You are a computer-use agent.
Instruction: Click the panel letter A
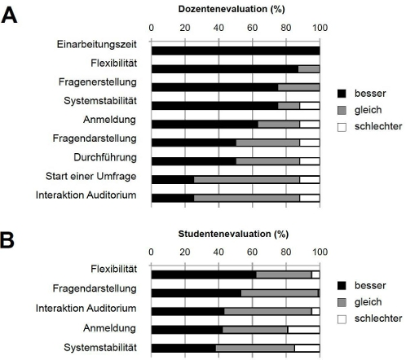pos(9,15)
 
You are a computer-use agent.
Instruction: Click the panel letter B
pos(7,240)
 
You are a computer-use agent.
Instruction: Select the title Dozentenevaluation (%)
pos(232,9)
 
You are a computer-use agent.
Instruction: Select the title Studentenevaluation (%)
pos(233,234)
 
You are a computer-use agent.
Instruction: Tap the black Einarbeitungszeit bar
pos(236,50)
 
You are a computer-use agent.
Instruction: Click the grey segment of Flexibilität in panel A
pos(309,69)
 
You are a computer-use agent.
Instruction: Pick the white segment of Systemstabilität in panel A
pos(310,106)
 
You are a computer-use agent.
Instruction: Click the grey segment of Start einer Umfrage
pos(247,179)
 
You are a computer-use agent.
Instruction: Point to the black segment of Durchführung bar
pos(194,161)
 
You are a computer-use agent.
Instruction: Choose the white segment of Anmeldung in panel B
pos(303,330)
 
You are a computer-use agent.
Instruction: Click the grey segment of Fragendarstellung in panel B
pos(280,293)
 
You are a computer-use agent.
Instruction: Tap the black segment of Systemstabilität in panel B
pos(183,348)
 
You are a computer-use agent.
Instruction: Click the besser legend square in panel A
pos(342,94)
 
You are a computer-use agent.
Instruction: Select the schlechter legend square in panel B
pos(342,319)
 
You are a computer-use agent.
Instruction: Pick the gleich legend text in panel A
pos(368,110)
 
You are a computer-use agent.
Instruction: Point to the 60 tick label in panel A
pos(252,28)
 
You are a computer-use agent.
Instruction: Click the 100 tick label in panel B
pos(320,252)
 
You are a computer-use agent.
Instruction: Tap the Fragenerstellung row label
pos(98,82)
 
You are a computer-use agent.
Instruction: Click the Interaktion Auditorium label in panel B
pos(86,308)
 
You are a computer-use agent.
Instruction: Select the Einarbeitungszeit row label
pos(97,45)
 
